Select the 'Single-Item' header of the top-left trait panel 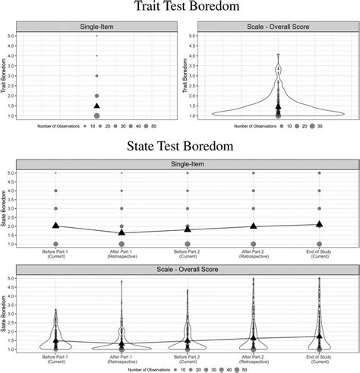(96, 27)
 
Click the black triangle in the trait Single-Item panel (96, 106)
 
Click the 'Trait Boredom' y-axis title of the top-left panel (7, 76)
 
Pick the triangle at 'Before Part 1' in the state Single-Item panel (55, 226)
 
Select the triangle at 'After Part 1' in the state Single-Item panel (122, 232)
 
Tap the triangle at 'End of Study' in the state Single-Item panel (320, 223)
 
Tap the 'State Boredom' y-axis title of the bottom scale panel (7, 315)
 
